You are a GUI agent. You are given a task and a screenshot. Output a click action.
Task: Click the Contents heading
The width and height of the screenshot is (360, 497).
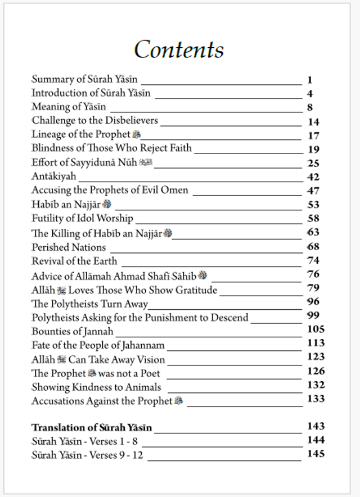coord(179,49)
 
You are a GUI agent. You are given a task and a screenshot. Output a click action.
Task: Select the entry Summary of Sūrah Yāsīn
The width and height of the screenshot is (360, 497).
coord(84,79)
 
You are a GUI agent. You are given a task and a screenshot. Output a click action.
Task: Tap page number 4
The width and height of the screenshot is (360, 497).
coord(310,94)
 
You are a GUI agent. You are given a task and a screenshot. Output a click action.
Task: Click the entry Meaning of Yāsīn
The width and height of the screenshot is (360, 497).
coord(69,107)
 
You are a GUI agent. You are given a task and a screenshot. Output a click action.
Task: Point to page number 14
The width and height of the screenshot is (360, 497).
coord(314,121)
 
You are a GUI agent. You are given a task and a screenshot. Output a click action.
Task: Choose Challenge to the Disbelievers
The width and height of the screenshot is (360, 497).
coord(94,120)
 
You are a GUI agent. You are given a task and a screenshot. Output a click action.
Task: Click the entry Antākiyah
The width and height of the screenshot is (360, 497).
coord(53,177)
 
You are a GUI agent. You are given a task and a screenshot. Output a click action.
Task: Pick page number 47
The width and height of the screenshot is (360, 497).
coord(314,191)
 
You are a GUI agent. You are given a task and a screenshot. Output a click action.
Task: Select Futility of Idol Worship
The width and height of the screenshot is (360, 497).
coord(82,218)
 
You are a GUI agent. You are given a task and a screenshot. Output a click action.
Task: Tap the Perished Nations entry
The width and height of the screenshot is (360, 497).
coord(69,247)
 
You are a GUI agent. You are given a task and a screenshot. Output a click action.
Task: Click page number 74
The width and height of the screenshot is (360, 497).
coord(314,260)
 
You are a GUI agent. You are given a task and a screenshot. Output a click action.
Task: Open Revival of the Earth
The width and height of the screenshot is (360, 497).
coord(74,261)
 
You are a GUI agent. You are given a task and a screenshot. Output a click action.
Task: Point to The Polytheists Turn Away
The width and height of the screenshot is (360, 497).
coord(89,304)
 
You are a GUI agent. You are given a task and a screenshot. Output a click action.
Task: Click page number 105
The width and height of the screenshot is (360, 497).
coord(316,329)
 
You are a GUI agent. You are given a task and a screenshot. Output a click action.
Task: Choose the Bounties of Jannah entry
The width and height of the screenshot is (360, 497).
coord(72,331)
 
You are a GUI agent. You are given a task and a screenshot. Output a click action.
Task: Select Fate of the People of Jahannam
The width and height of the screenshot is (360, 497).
coord(98,345)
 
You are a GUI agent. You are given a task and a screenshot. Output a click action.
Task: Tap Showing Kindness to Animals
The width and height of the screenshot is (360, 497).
coord(96,387)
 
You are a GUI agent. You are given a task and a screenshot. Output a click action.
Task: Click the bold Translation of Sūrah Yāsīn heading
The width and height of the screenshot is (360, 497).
coord(92,427)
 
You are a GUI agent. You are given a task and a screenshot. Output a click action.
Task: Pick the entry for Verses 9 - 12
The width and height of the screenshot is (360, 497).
coord(87,455)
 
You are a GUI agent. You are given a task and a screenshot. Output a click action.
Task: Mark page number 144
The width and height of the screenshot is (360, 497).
coord(316,440)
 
